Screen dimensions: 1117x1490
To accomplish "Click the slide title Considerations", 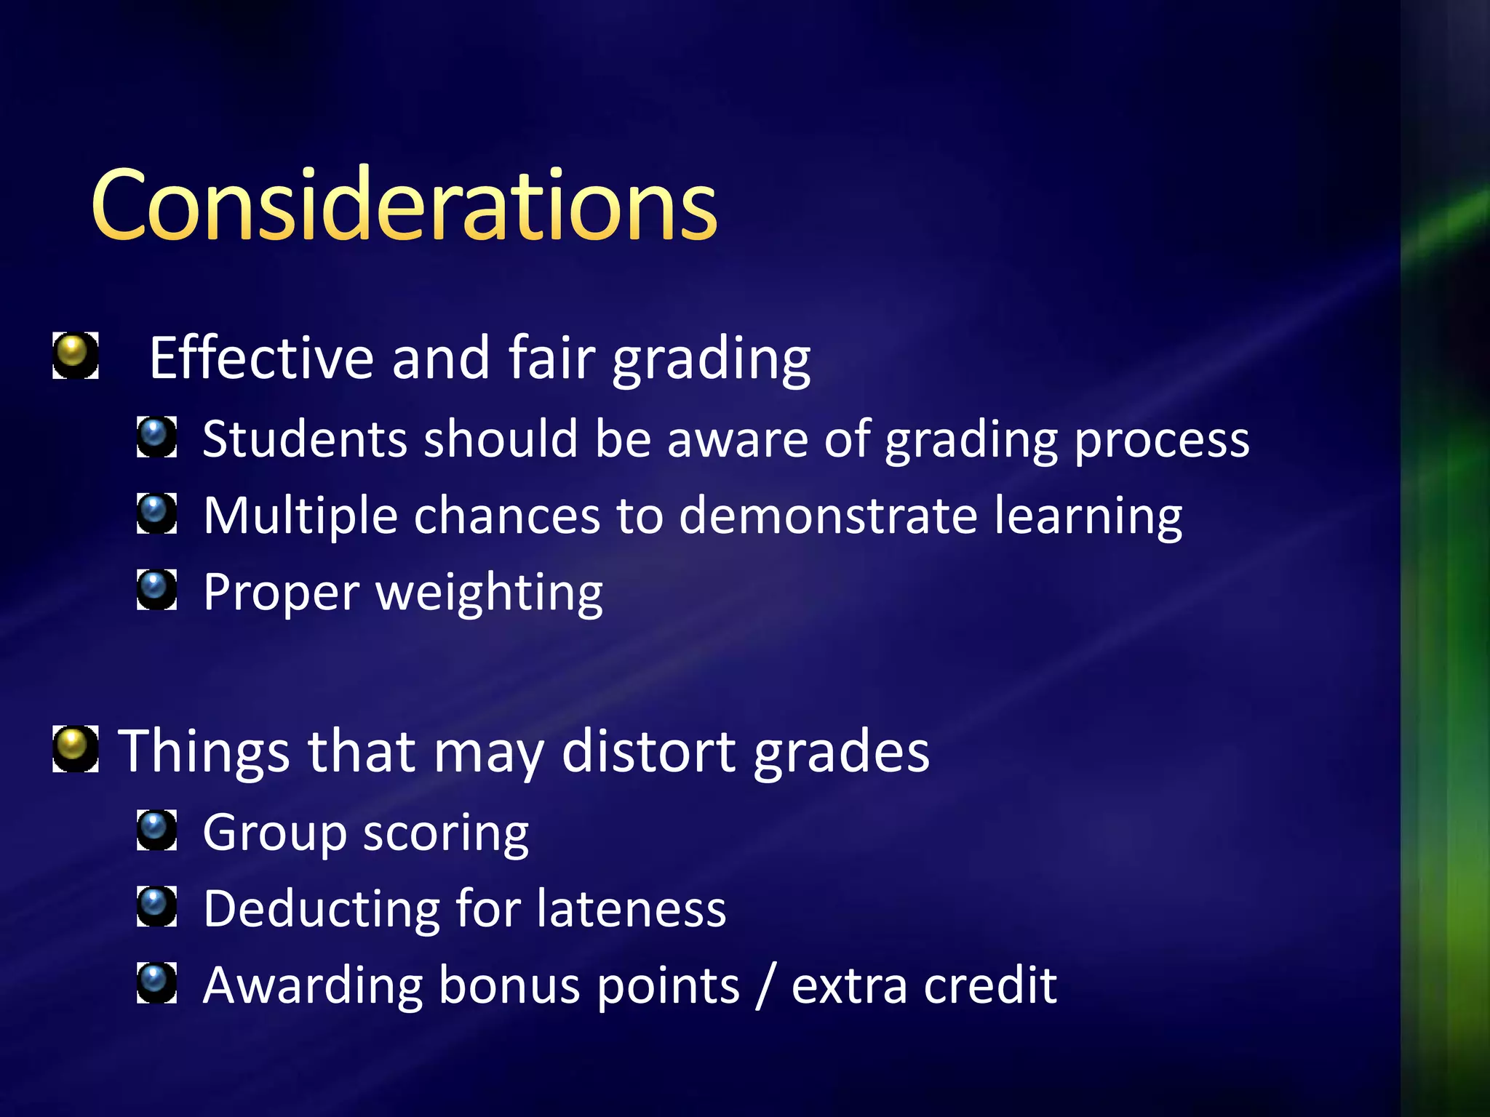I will (405, 205).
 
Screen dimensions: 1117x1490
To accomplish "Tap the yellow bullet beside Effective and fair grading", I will (75, 356).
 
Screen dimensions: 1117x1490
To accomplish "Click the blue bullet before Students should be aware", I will (156, 436).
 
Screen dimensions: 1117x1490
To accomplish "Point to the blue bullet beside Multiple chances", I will (156, 513).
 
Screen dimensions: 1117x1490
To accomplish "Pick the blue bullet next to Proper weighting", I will (156, 589).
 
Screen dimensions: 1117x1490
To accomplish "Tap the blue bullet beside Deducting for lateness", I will (156, 906).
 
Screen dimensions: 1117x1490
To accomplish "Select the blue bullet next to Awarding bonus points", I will (156, 982).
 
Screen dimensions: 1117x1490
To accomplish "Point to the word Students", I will (304, 439).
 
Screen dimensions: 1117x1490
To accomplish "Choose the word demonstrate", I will (828, 516).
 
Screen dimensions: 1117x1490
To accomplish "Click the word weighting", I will (489, 593).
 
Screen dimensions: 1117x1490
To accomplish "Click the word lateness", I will (632, 909).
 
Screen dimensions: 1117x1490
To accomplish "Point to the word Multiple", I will (300, 517).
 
